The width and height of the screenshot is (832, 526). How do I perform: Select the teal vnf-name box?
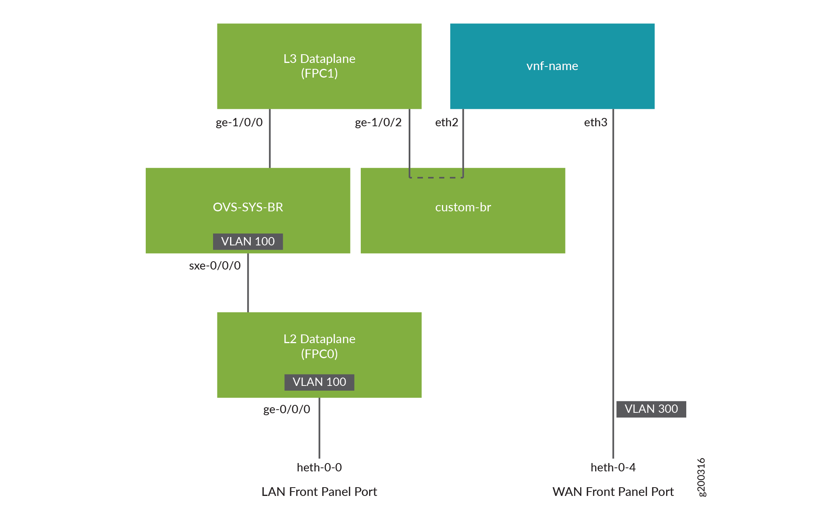coord(552,66)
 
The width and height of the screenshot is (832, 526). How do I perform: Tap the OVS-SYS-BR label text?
coord(248,207)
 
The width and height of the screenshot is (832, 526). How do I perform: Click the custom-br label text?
coord(463,207)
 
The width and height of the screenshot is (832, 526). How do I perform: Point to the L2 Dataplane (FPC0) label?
coord(319,346)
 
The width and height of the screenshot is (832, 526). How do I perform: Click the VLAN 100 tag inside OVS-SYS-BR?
coord(248,241)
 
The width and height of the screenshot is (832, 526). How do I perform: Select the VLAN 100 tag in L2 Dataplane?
coord(319,382)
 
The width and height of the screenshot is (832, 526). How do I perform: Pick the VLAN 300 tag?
coord(651,409)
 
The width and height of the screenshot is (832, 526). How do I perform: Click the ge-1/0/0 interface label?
coord(239,122)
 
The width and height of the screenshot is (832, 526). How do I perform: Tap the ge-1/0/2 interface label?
coord(378,122)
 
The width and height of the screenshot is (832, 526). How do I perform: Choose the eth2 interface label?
coord(446,122)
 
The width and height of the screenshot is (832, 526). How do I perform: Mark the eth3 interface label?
coord(596,122)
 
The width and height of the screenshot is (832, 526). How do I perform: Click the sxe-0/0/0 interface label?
coord(215,266)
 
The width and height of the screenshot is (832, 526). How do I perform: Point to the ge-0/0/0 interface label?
coord(287,409)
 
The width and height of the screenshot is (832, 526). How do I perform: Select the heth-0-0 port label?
coord(319,467)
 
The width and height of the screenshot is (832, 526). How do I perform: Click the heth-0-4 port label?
coord(613,467)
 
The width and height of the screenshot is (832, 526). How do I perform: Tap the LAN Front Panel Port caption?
coord(319,492)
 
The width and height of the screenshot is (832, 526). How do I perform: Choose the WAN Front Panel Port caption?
coord(613,492)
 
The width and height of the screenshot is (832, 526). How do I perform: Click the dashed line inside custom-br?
coord(436,178)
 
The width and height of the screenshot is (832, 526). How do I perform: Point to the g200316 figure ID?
coord(701,477)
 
